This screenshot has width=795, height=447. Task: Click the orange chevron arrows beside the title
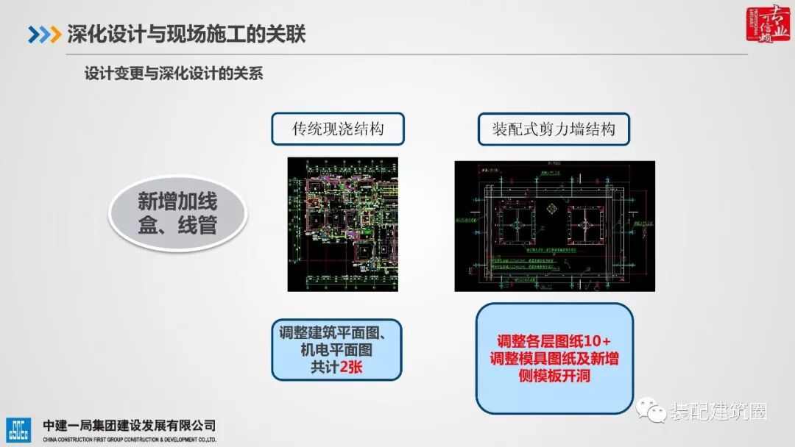pos(44,35)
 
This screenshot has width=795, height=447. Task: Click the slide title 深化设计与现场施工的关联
pos(186,34)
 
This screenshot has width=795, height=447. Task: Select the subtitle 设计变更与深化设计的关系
pos(174,74)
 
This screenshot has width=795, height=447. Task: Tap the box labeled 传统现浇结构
pos(338,129)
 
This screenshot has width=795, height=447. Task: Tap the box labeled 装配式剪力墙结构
pos(554,129)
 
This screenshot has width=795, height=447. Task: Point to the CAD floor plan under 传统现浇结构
pos(342,224)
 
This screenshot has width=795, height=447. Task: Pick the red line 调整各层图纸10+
pos(554,341)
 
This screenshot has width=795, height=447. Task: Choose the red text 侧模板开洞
pos(554,376)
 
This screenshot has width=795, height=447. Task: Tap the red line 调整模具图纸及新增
pos(554,359)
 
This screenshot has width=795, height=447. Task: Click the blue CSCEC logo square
pos(18,430)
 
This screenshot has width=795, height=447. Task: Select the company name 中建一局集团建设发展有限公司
pos(129,426)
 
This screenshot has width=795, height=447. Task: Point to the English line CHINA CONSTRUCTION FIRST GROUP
pos(129,439)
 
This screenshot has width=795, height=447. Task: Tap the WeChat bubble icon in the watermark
pos(651,410)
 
